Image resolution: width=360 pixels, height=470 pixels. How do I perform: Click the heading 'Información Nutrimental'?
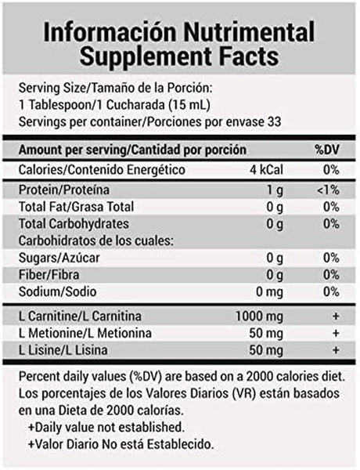click(x=180, y=32)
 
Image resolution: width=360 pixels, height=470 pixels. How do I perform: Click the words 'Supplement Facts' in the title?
click(x=180, y=57)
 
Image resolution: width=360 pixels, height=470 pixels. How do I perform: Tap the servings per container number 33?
click(x=273, y=122)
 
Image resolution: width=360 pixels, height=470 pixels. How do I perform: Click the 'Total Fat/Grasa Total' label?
click(x=77, y=207)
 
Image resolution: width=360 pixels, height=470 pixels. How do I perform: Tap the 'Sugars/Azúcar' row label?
click(x=59, y=258)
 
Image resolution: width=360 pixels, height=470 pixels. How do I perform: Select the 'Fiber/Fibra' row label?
click(x=52, y=275)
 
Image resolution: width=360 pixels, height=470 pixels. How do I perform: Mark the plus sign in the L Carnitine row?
click(x=334, y=316)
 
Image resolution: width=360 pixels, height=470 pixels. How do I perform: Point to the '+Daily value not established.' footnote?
click(x=106, y=427)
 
